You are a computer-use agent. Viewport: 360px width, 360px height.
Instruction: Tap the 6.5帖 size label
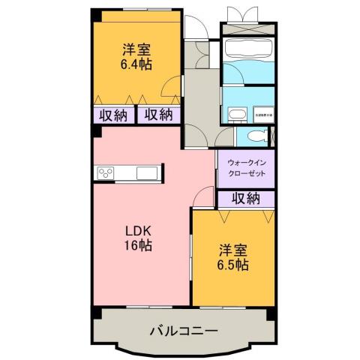(x=234, y=265)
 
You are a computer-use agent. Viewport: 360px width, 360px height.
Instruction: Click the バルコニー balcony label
(x=183, y=330)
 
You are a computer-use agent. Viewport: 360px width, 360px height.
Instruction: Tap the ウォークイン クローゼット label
(x=246, y=165)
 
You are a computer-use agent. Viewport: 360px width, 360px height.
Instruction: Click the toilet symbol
(x=257, y=136)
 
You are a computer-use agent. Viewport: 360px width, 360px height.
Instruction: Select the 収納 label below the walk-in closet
(x=245, y=198)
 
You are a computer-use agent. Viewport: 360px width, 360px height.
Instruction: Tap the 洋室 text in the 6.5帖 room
(x=234, y=248)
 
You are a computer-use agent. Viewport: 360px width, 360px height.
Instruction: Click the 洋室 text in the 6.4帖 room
(x=136, y=49)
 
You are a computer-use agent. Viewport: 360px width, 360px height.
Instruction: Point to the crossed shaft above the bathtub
(x=248, y=17)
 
